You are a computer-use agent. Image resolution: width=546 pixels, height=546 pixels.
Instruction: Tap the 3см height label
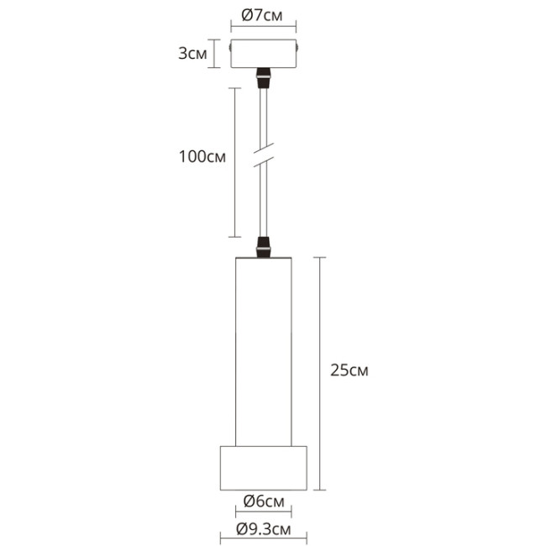coord(191,55)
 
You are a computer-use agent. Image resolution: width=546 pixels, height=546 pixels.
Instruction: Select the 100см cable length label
coord(202,157)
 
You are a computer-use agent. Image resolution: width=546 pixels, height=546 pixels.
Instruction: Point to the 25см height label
coord(349,370)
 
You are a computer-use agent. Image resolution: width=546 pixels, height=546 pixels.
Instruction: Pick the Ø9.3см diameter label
coord(263,529)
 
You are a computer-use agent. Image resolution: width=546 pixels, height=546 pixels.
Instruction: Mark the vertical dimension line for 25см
coord(318,370)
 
